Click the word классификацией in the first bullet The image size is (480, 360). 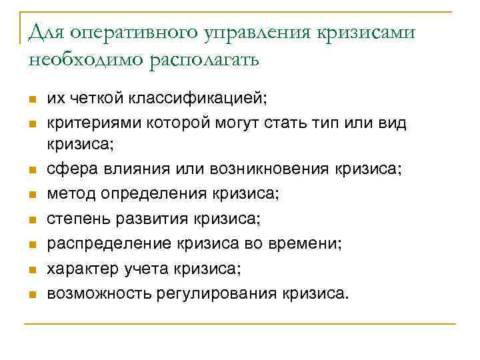(193, 99)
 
